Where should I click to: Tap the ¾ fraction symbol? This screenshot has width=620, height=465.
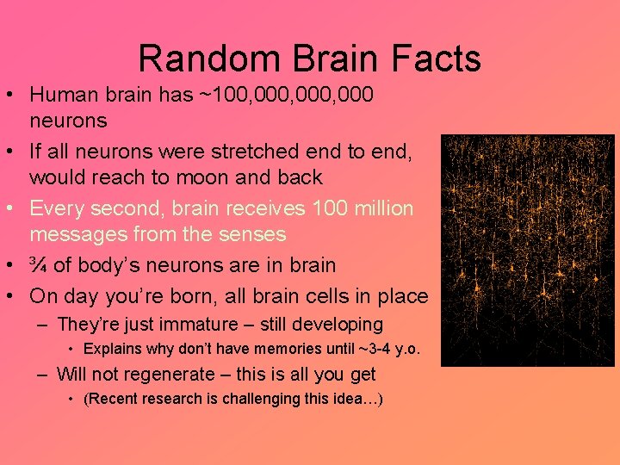(40, 265)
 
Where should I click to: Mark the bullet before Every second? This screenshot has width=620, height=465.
(13, 208)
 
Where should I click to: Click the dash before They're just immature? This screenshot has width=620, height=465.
(42, 325)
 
